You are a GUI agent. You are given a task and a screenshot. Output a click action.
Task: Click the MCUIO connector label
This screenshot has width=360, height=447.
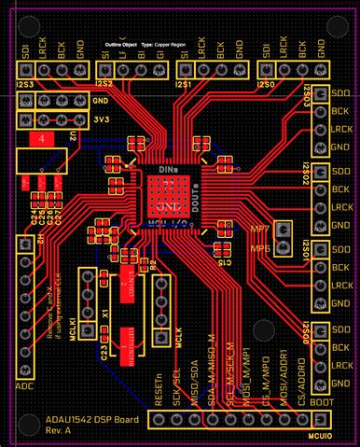coord(319,436)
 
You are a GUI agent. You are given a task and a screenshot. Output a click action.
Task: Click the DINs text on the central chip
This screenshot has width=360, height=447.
coord(169,171)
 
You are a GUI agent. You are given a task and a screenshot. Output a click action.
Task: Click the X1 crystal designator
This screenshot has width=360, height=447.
coord(105,316)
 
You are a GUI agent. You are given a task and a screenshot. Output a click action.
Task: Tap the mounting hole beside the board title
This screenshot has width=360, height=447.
coord(20,425)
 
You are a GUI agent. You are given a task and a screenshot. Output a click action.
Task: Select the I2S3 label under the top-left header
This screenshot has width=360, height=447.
coord(24,84)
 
